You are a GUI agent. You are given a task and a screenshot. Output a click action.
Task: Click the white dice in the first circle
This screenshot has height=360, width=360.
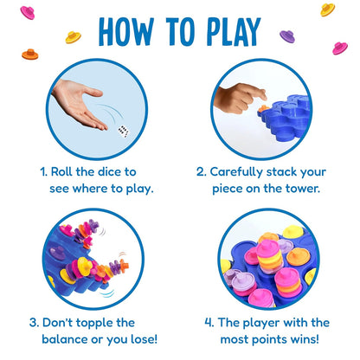[124, 132]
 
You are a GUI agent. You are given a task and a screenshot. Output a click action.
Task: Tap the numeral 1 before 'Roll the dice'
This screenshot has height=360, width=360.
[45, 171]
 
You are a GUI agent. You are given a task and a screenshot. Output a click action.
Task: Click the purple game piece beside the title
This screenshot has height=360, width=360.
[286, 36]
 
